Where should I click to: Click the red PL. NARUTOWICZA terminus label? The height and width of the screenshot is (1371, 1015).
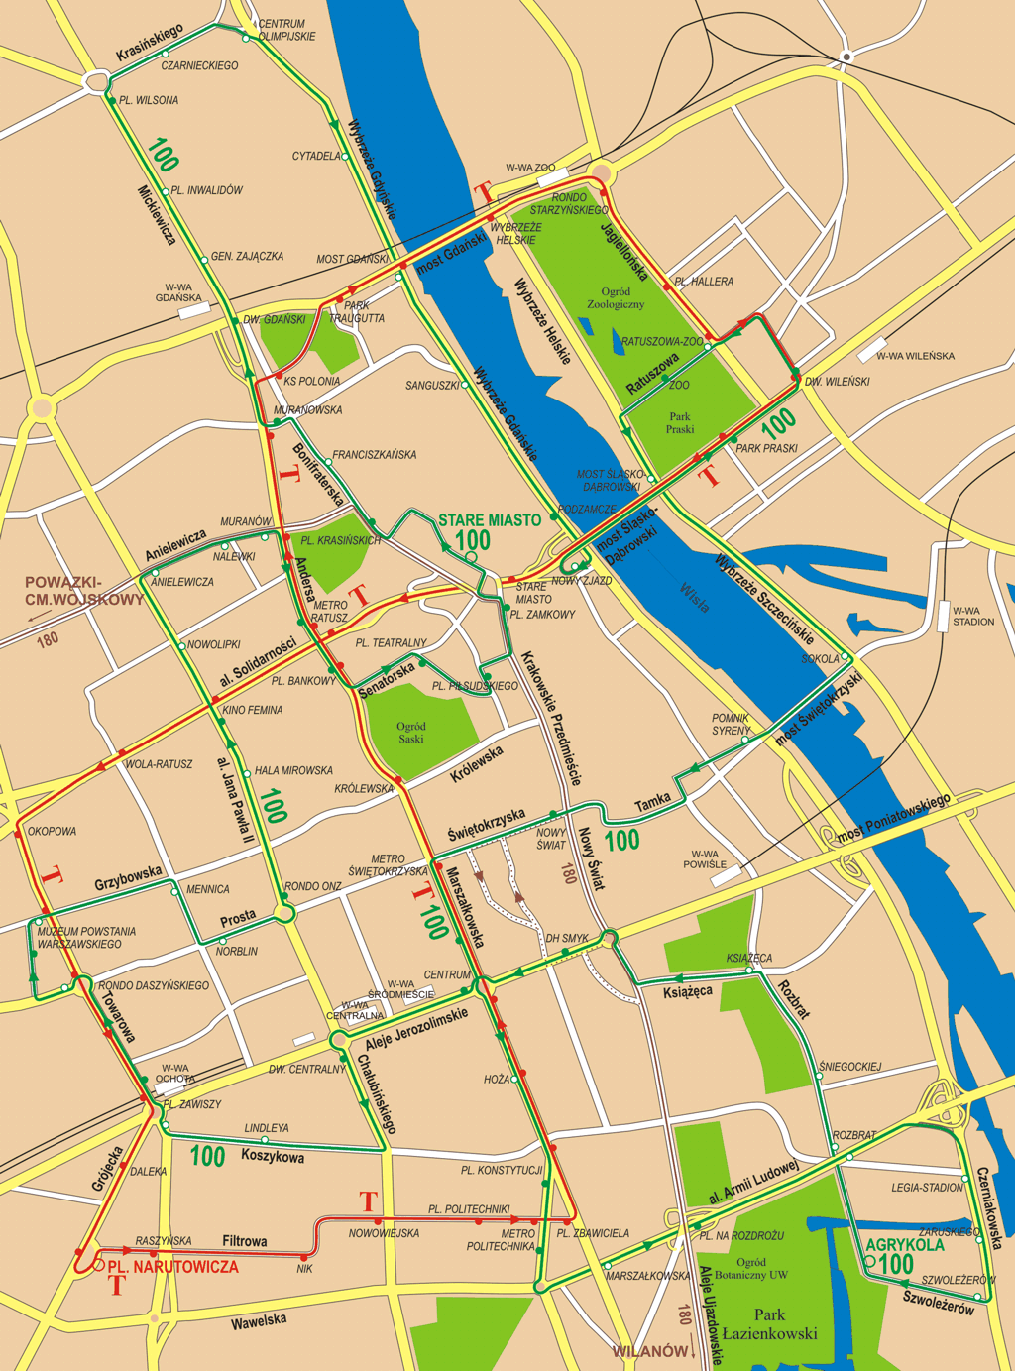pyautogui.click(x=172, y=1267)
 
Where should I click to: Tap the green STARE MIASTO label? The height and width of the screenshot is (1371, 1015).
pyautogui.click(x=490, y=519)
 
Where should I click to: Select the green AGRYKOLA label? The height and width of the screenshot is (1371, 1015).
pyautogui.click(x=905, y=1245)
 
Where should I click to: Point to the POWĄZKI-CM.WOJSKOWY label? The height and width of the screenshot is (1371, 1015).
pyautogui.click(x=84, y=591)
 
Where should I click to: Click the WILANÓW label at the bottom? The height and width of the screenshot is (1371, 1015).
pyautogui.click(x=650, y=1351)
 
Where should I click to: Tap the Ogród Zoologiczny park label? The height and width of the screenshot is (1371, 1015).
pyautogui.click(x=616, y=297)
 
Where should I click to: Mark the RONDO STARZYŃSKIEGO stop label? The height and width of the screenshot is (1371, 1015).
pyautogui.click(x=569, y=203)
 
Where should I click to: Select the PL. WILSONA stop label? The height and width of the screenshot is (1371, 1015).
pyautogui.click(x=149, y=100)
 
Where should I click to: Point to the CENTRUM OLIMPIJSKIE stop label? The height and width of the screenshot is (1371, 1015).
pyautogui.click(x=286, y=30)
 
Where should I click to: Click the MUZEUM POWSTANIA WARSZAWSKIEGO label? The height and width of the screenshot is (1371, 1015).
pyautogui.click(x=86, y=938)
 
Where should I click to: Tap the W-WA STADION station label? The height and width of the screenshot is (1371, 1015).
pyautogui.click(x=972, y=616)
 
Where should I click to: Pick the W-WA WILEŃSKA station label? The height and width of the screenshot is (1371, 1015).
pyautogui.click(x=915, y=356)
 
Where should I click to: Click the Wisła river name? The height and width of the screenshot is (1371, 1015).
pyautogui.click(x=694, y=597)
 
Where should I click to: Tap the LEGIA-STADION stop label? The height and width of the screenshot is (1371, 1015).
pyautogui.click(x=927, y=1187)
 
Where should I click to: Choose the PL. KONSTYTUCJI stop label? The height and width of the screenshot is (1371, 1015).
pyautogui.click(x=502, y=1171)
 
